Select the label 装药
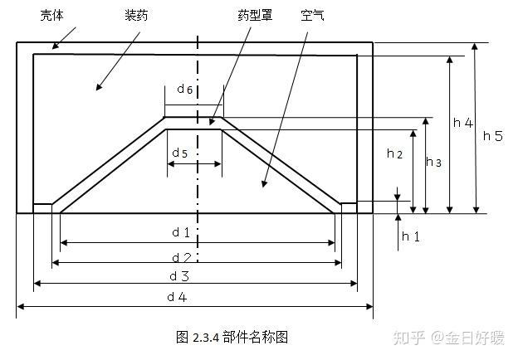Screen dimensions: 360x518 (137, 16)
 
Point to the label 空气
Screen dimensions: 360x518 (312, 16)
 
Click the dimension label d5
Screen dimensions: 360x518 (179, 153)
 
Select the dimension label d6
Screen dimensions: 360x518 (186, 89)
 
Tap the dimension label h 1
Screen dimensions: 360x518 (411, 236)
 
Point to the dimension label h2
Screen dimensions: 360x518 (394, 153)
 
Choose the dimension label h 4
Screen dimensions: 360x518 (462, 123)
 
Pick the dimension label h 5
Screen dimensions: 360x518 (493, 136)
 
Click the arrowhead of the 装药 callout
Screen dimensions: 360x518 (97, 87)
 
